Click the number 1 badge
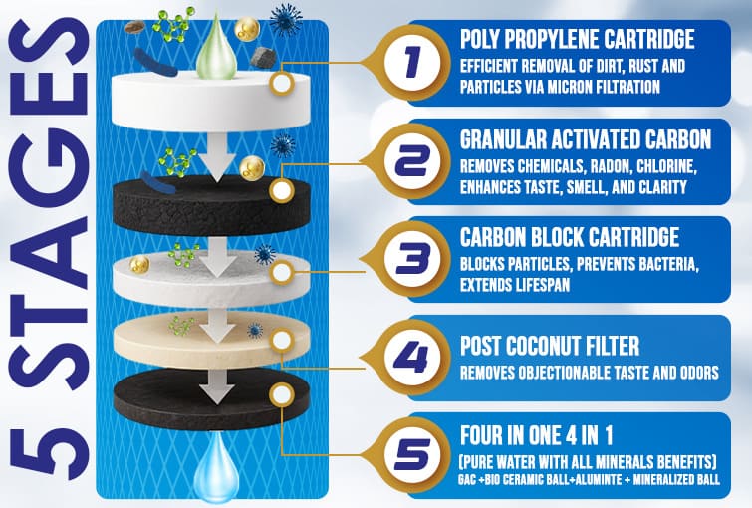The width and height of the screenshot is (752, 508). pyautogui.click(x=410, y=63)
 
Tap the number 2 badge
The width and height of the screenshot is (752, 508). pyautogui.click(x=410, y=162)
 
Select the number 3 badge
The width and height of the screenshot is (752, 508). pyautogui.click(x=410, y=260)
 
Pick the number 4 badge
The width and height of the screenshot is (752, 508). pyautogui.click(x=410, y=359)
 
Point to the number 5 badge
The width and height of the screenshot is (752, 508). pyautogui.click(x=410, y=455)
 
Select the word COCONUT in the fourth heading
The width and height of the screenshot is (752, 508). pyautogui.click(x=548, y=346)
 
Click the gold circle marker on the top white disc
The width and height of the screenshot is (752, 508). pyautogui.click(x=282, y=84)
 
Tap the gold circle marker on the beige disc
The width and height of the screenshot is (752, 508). pyautogui.click(x=282, y=340)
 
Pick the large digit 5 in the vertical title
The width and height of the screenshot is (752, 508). pyautogui.click(x=48, y=452)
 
